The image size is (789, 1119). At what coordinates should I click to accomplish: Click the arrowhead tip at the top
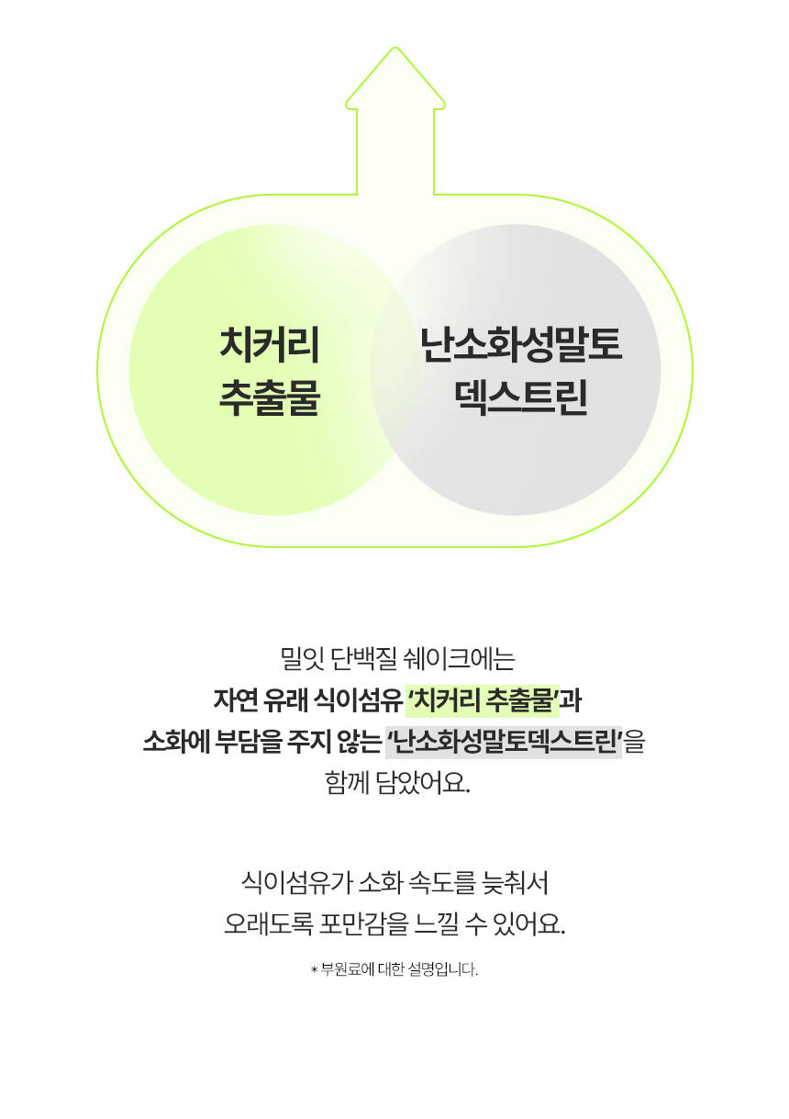395,48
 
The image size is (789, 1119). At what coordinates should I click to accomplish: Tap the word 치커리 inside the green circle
269,345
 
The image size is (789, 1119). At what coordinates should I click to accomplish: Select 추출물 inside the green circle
270,397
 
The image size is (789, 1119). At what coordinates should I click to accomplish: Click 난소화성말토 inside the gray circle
521,345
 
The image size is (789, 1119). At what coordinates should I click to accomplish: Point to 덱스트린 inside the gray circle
521,397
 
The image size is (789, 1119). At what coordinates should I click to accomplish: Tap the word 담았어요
424,783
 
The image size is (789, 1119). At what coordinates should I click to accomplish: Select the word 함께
347,783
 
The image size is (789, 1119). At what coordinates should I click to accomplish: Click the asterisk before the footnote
314,970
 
